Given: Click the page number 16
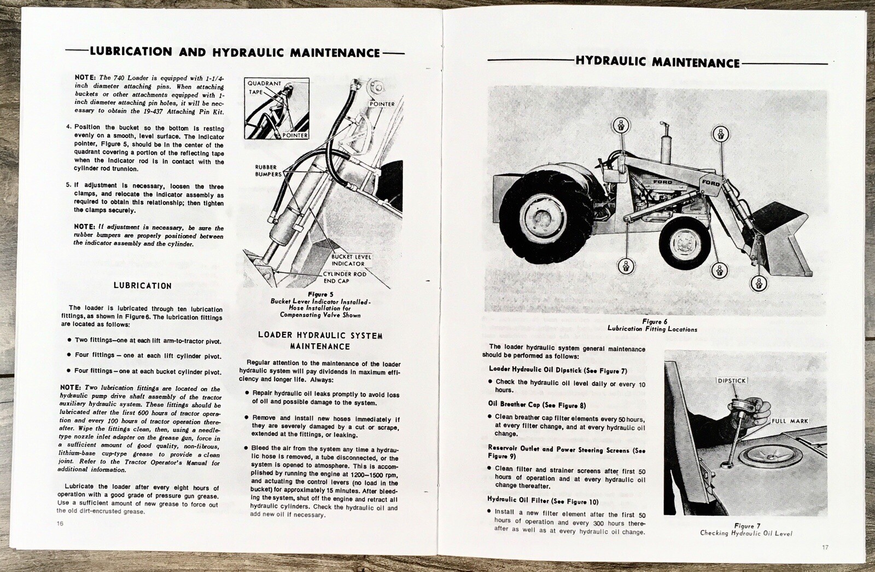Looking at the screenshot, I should pyautogui.click(x=60, y=524).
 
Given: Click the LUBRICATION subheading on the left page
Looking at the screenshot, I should pyautogui.click(x=142, y=286).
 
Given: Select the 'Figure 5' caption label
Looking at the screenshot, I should pyautogui.click(x=320, y=294).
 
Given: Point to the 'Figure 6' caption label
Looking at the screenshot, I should pyautogui.click(x=652, y=322).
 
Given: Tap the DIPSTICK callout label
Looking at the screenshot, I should pyautogui.click(x=731, y=380).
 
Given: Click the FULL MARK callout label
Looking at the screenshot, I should pyautogui.click(x=790, y=421).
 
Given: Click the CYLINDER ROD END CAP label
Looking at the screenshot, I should pyautogui.click(x=345, y=277).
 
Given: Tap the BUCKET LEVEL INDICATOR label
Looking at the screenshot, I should pyautogui.click(x=351, y=260).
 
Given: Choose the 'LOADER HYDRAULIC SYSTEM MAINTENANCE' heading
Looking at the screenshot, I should pyautogui.click(x=320, y=340).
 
